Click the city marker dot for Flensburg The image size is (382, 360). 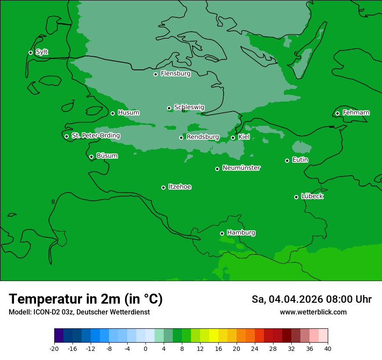click(155, 74)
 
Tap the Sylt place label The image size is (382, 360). click(42, 52)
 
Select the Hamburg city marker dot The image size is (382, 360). click(222, 233)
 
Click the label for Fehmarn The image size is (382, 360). click(356, 113)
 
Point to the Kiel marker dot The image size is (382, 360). click(233, 137)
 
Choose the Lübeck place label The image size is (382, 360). click(312, 196)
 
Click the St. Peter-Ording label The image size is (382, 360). click(95, 135)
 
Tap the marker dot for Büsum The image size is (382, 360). click(91, 157)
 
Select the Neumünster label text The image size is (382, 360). click(241, 168)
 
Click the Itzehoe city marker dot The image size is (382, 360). click(163, 187)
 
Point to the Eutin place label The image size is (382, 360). click(300, 160)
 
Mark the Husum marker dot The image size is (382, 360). click(112, 113)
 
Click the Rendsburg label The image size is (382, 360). click(203, 137)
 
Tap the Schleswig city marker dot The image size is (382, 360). click(169, 108)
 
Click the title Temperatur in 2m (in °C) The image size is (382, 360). click(86, 299)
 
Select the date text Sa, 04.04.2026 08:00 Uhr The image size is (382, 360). click(311, 299)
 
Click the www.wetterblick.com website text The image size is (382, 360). click(313, 312)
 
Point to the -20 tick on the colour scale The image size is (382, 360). click(54, 348)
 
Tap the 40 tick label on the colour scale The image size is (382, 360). click(328, 348)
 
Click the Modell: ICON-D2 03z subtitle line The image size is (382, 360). click(79, 312)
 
